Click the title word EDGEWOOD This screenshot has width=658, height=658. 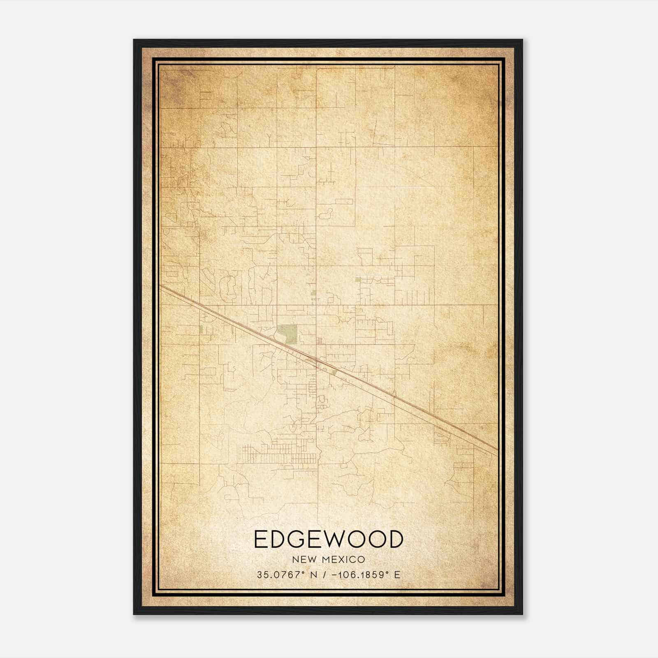329,539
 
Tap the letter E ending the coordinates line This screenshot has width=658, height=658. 397,575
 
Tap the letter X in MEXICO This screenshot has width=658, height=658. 340,559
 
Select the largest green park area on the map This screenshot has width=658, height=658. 287,334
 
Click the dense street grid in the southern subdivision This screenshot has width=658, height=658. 280,454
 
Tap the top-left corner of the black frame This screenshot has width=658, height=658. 134,40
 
